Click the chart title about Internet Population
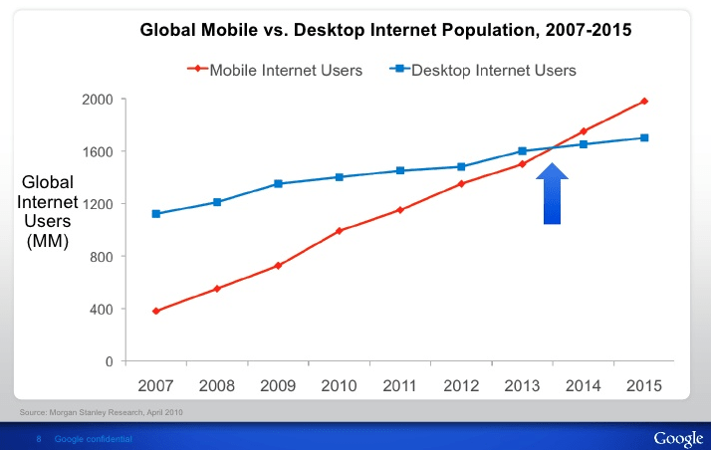point(385,31)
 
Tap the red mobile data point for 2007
point(156,311)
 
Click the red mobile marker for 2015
point(644,101)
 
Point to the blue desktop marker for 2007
point(156,214)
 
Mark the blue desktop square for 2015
point(644,137)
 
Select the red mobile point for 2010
point(340,231)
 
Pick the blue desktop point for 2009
point(278,183)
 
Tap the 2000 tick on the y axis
point(98,100)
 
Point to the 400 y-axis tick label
point(102,310)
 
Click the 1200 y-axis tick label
point(98,204)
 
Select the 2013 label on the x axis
point(523,384)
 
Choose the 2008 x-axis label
point(217,384)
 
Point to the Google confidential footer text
point(93,439)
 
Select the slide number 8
point(38,439)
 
